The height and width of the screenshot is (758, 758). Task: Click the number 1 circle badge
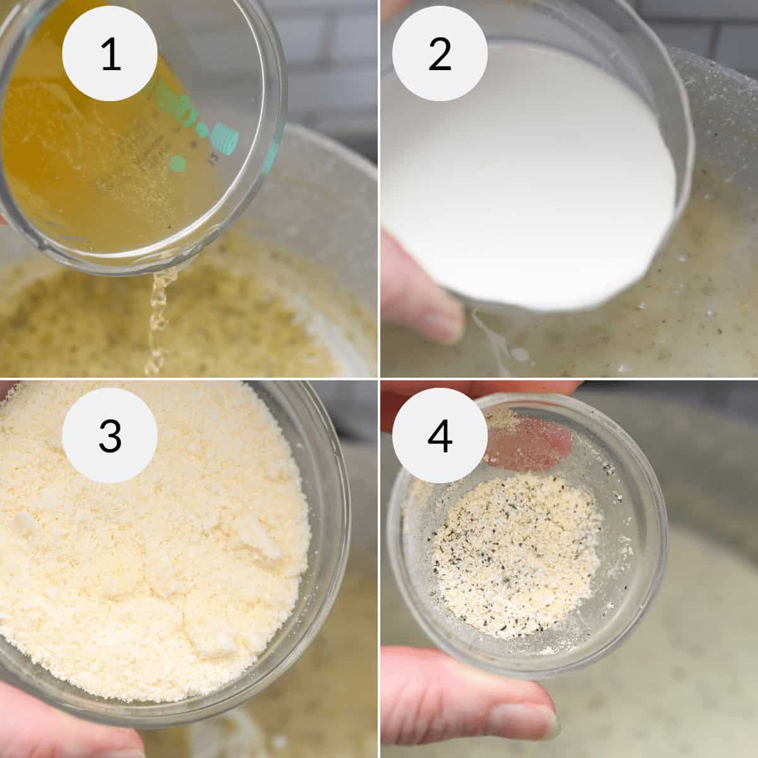coord(110,54)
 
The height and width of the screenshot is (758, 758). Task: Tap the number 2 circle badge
coord(440,54)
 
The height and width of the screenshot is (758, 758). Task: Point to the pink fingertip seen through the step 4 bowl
coord(531,436)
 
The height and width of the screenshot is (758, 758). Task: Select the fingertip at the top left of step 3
coord(9,392)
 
